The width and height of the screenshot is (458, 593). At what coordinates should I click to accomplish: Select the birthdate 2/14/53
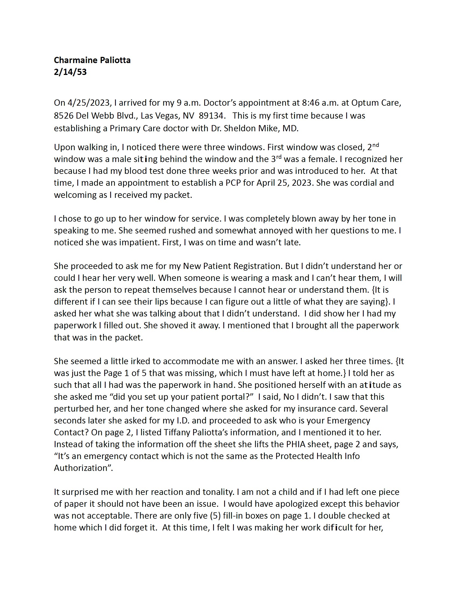[70, 72]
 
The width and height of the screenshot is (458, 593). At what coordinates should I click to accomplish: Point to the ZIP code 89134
[211, 116]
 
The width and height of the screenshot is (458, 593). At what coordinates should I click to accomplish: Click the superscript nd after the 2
[376, 145]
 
